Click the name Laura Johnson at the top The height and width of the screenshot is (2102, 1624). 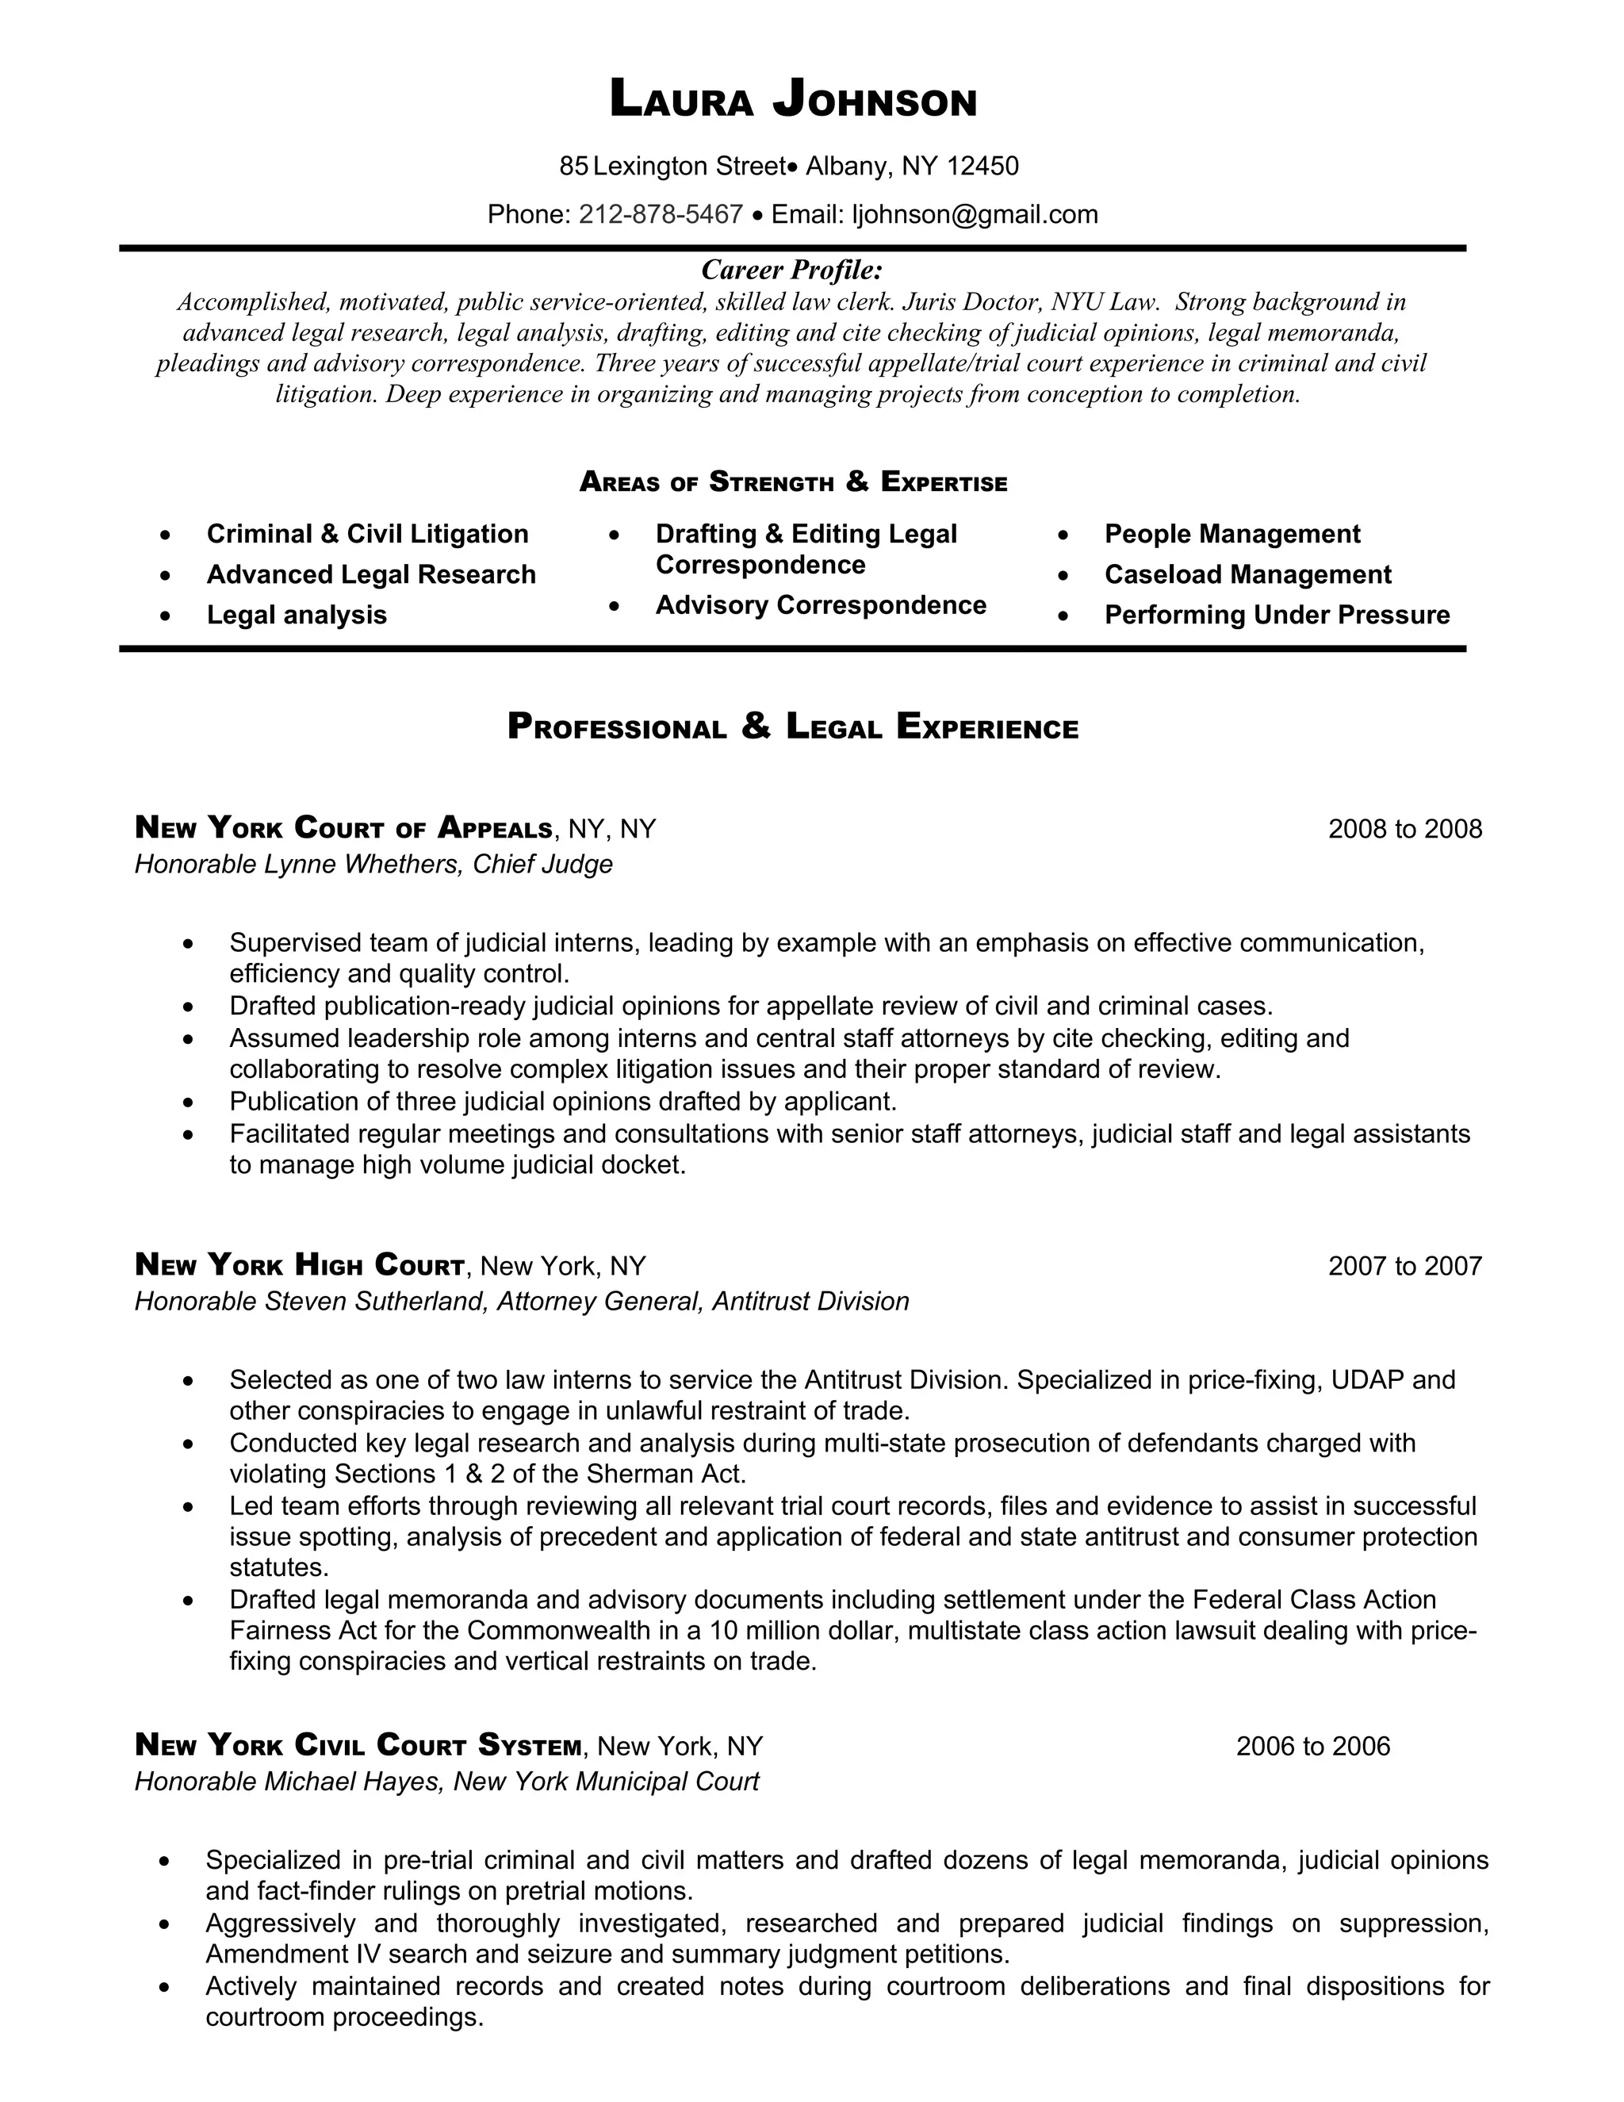(793, 100)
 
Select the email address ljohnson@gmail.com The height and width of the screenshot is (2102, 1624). (975, 213)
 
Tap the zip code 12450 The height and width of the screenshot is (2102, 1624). (982, 167)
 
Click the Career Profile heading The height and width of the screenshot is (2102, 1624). (792, 269)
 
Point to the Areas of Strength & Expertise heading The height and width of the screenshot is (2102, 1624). (793, 481)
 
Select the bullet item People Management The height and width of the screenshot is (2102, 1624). (1231, 534)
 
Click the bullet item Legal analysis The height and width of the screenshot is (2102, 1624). (297, 615)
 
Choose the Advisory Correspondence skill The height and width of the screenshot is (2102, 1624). (821, 605)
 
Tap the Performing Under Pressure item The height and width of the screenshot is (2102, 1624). (1277, 615)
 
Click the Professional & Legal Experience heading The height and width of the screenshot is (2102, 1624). (793, 727)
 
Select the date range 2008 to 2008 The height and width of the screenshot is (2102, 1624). (1404, 829)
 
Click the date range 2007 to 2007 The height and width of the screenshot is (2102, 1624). (1404, 1266)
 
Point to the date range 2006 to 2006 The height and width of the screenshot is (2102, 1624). (1312, 1746)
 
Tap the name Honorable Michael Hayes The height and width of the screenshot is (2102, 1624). (289, 1782)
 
